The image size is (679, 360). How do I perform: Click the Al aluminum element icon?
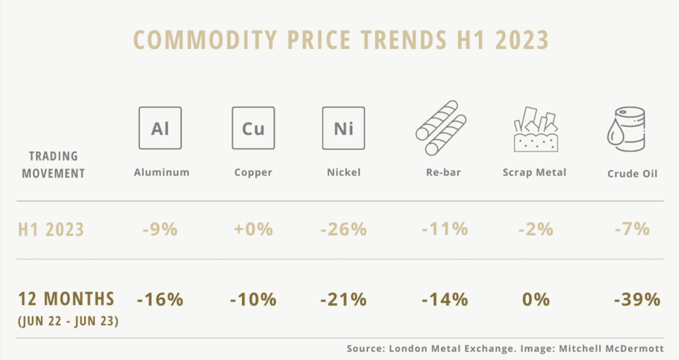tap(160, 128)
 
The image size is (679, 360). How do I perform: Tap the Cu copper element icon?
tap(253, 128)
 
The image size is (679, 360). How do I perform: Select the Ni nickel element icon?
tap(343, 128)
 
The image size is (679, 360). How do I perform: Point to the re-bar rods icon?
tap(442, 128)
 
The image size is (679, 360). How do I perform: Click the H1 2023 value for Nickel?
tap(343, 229)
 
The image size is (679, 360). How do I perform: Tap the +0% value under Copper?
tap(253, 229)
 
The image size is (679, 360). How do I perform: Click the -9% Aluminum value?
tap(160, 229)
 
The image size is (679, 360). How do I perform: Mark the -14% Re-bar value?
tap(444, 299)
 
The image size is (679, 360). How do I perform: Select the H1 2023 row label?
tap(51, 229)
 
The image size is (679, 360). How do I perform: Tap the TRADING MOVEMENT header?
tap(54, 165)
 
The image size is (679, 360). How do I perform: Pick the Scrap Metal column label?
tap(534, 172)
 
